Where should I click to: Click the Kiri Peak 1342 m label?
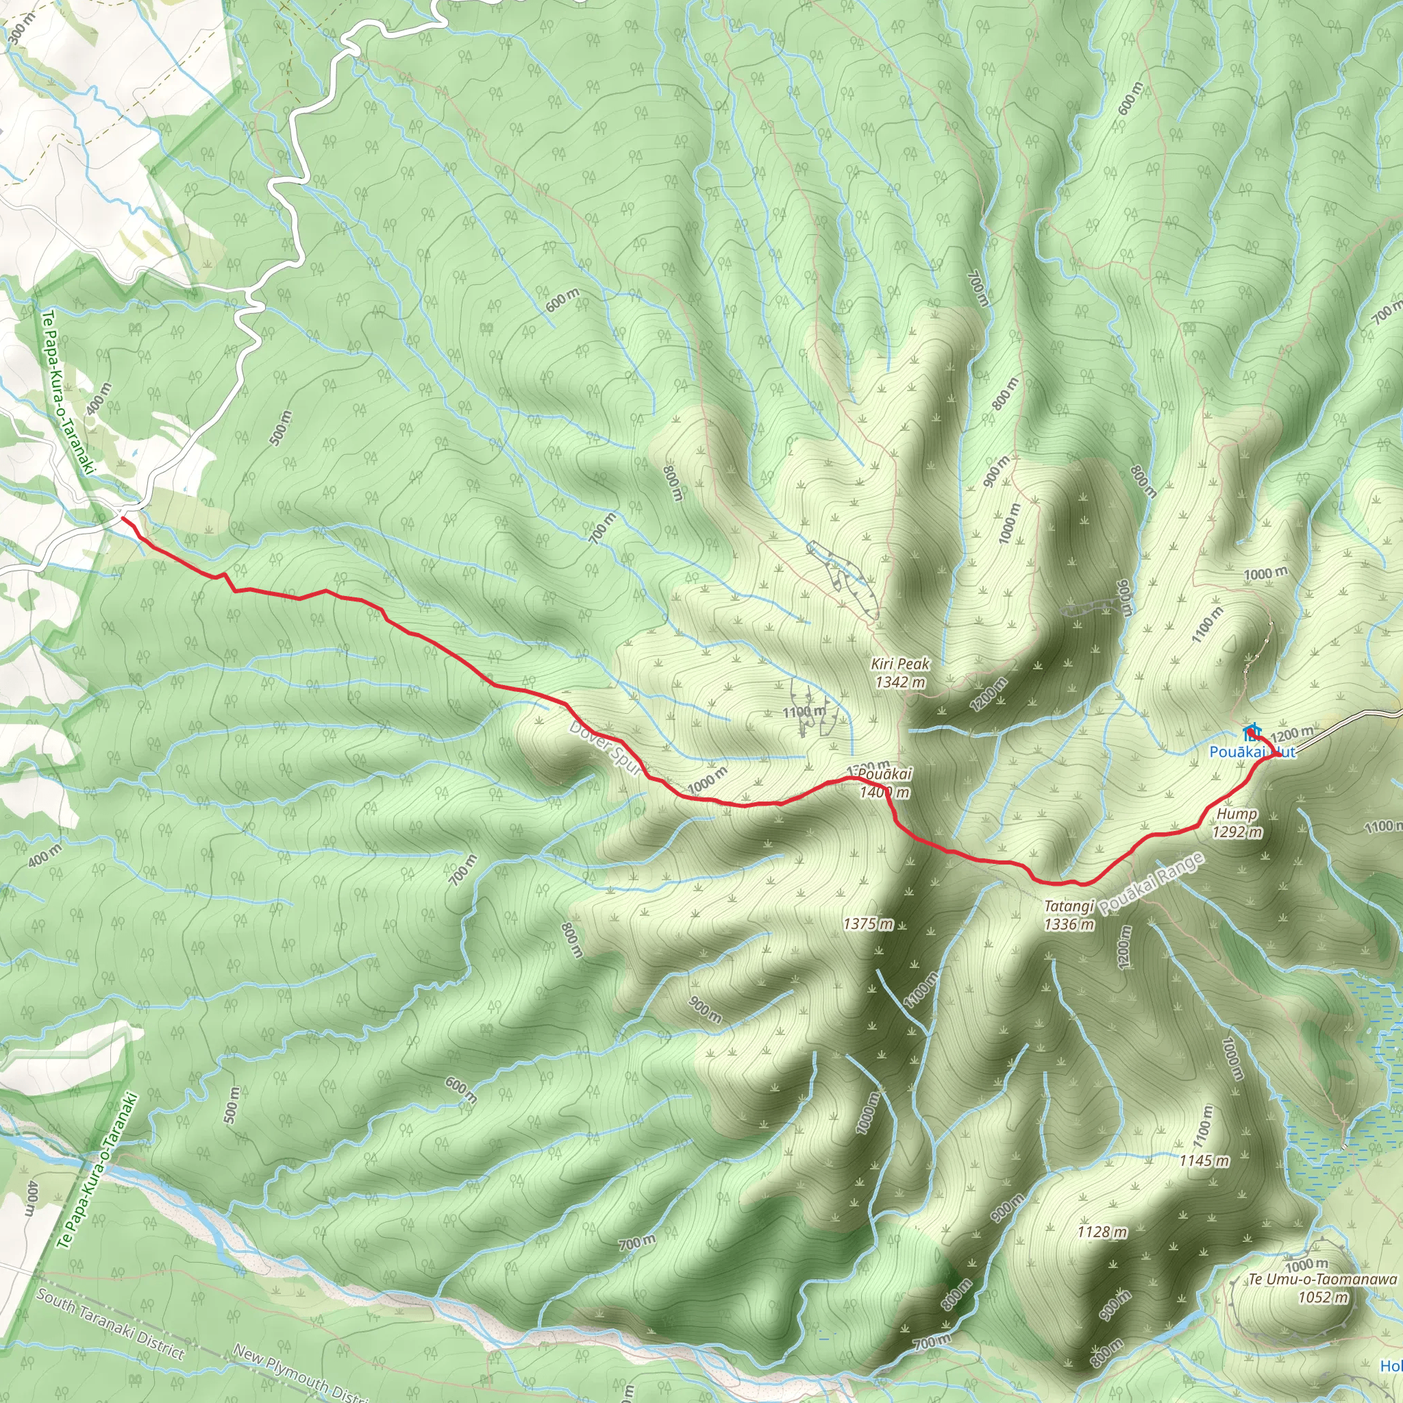899,673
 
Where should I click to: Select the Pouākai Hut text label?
1252,752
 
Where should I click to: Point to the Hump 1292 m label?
1237,823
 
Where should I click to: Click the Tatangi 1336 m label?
1069,915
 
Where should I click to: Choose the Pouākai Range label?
1151,884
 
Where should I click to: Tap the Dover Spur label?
606,748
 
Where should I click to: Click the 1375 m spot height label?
868,924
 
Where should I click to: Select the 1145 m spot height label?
1204,1160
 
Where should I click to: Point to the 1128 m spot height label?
1102,1232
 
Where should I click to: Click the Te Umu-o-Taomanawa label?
1322,1280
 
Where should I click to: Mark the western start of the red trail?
122,518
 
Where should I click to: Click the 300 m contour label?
21,29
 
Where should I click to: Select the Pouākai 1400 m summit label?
884,783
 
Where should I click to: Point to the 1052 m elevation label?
1322,1297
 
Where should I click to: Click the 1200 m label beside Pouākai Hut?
1292,734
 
